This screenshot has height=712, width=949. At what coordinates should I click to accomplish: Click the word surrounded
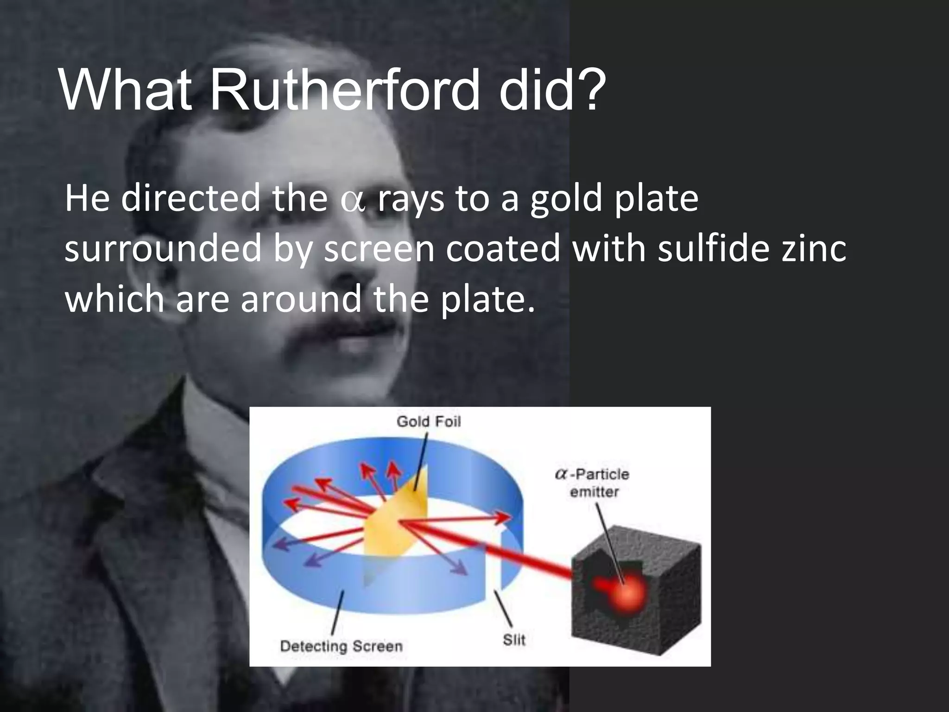pyautogui.click(x=163, y=249)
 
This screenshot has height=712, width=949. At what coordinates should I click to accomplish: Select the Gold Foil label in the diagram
pyautogui.click(x=429, y=422)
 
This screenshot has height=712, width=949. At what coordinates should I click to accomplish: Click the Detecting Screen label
pyautogui.click(x=342, y=646)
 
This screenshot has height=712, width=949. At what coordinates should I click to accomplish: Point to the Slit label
pyautogui.click(x=514, y=640)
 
